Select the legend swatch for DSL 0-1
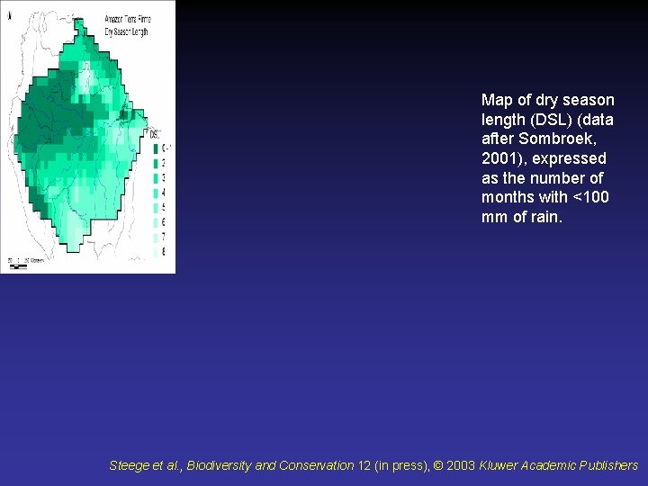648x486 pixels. click(x=155, y=148)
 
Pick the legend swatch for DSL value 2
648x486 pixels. click(x=155, y=163)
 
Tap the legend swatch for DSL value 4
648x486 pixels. click(x=155, y=193)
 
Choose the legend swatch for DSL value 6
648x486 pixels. click(x=155, y=222)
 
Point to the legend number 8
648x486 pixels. click(x=163, y=252)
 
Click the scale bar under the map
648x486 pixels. click(x=27, y=261)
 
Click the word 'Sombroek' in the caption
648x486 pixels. click(x=554, y=139)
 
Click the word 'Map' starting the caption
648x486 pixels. click(x=497, y=100)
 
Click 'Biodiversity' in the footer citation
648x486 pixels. click(x=220, y=465)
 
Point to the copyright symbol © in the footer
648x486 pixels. click(x=439, y=465)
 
